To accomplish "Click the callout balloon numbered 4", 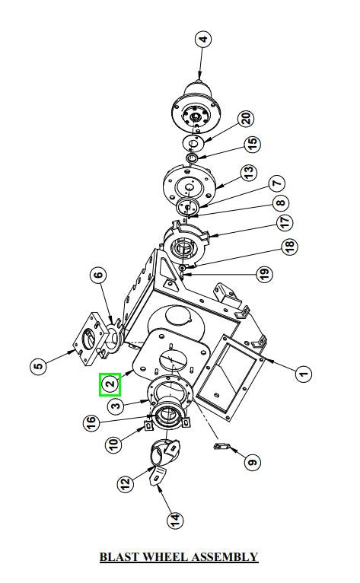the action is (203, 39).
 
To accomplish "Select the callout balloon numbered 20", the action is (246, 119).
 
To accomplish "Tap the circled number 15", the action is (253, 143).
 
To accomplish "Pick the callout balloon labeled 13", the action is (249, 172).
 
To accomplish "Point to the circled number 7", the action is (276, 183).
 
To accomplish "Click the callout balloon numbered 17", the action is (284, 222).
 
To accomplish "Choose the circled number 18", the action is (289, 246).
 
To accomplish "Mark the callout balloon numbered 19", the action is (264, 274).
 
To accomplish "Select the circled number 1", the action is (304, 373).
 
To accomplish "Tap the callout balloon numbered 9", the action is (252, 462).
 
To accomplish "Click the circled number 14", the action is (175, 519).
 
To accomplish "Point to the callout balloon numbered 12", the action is (126, 483).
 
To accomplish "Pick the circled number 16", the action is (91, 422).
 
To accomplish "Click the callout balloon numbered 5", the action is (38, 366).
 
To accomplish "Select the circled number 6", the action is (98, 276).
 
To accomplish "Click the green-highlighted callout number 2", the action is (110, 384).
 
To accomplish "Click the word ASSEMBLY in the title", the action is (224, 556).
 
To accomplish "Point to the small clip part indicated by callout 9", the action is (221, 446).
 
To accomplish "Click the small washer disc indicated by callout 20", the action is (193, 143).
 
